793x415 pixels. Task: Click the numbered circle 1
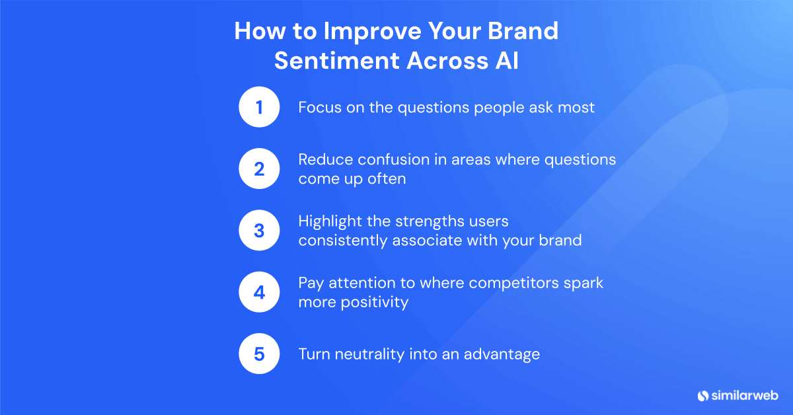pos(259,107)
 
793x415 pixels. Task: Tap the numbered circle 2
pos(259,169)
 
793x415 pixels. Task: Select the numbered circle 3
pos(259,231)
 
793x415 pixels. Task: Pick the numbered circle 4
pos(259,292)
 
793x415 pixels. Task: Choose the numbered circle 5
pos(259,354)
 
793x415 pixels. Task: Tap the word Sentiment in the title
pos(336,60)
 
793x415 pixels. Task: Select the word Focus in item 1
pos(319,107)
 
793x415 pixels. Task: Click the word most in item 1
pos(576,107)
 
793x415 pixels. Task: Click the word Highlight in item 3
pos(330,221)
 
